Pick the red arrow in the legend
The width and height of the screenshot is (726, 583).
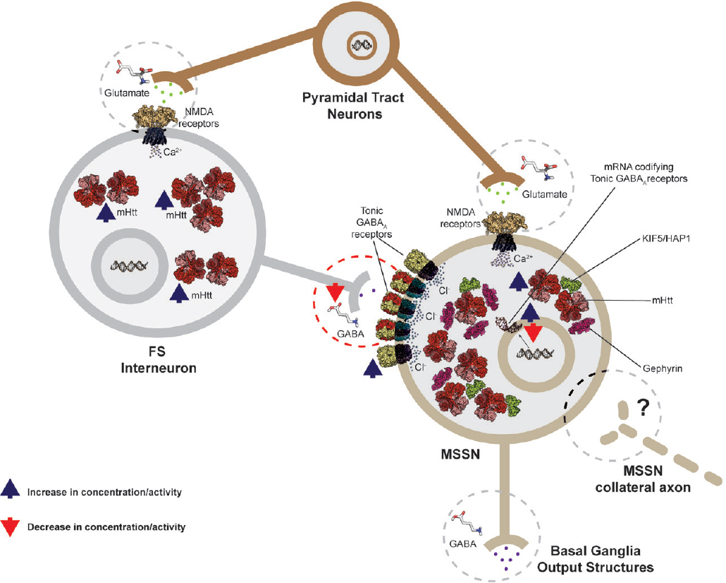pos(12,527)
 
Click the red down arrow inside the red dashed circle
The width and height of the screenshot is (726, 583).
pos(334,291)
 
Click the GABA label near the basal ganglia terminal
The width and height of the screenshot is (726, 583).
pos(462,544)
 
